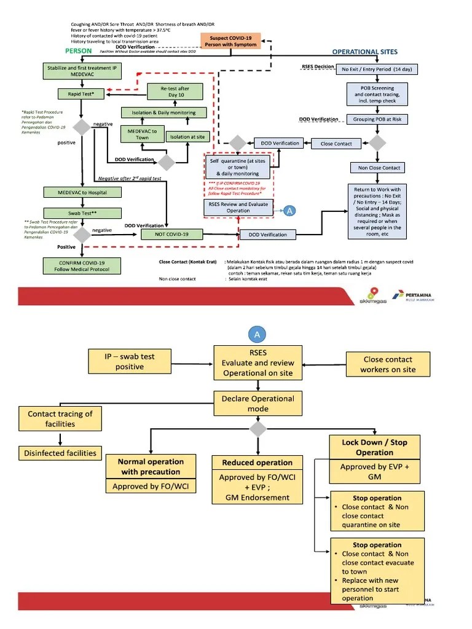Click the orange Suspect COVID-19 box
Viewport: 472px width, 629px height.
coord(230,41)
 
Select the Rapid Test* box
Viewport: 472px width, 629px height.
coord(81,94)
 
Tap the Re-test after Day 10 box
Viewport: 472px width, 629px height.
coord(175,92)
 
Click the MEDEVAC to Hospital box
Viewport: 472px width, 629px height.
coord(81,192)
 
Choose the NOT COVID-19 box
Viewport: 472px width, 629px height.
coord(173,234)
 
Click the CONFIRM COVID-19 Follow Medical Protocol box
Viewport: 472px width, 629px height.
coord(81,265)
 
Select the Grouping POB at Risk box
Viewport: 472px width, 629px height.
coord(377,119)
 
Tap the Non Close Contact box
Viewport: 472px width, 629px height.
coord(377,168)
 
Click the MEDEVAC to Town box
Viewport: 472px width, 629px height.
coord(142,134)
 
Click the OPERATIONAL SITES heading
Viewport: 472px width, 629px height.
coord(364,52)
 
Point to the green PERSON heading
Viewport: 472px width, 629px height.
coord(79,52)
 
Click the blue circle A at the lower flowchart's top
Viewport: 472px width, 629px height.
coord(257,334)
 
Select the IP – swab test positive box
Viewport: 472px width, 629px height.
coord(130,362)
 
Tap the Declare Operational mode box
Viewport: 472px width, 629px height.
coord(258,403)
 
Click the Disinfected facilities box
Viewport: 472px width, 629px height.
coord(60,453)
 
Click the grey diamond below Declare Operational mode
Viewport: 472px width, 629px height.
coord(258,428)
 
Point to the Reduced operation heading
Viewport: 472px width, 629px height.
coord(258,463)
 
